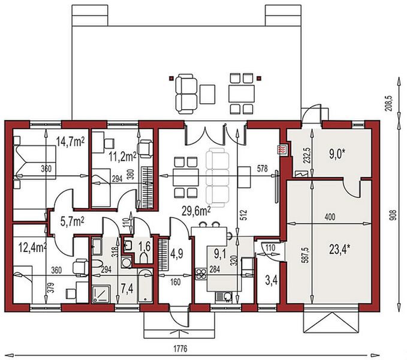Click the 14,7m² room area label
(70, 142)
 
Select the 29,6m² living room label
(196, 211)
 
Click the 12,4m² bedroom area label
(32, 248)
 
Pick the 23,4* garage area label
(340, 250)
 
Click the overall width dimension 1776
(180, 349)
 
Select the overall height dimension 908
(393, 215)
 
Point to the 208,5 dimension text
(390, 103)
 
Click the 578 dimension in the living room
(262, 169)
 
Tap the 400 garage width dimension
(330, 217)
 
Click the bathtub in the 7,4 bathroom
(145, 286)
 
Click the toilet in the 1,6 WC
(143, 258)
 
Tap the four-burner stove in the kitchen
(201, 274)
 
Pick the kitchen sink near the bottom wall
(224, 297)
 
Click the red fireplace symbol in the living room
(282, 150)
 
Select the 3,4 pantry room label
(272, 281)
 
